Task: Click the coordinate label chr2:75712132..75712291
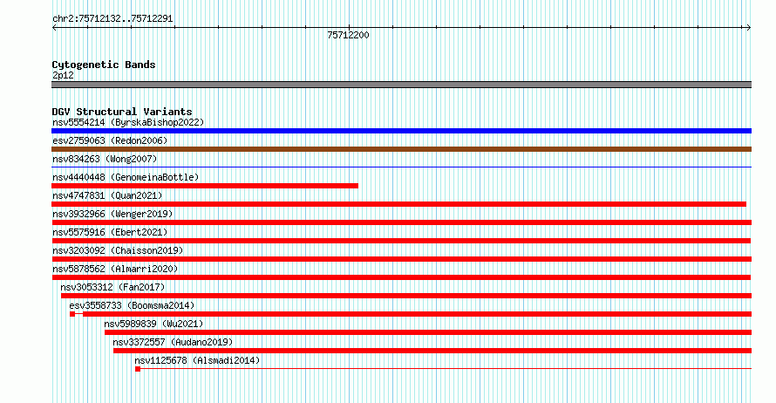coord(112,19)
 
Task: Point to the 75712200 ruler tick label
coord(348,35)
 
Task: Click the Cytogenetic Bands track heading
coord(104,65)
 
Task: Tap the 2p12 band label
coord(63,75)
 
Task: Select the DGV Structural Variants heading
coord(122,112)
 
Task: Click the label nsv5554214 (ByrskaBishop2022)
coord(128,122)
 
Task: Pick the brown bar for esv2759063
coord(401,149)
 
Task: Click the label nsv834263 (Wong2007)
coord(105,159)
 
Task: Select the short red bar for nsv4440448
coord(205,186)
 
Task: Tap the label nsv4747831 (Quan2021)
coord(107,195)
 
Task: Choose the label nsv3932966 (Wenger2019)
coord(112,214)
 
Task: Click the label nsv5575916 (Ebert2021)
coord(110,232)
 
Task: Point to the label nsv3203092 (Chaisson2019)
coord(118,250)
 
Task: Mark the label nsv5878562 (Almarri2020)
coord(115,269)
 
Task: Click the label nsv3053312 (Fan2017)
coord(112,287)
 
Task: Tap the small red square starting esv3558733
coord(72,314)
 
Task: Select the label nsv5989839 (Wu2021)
coord(153,324)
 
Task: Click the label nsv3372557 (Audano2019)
coord(173,342)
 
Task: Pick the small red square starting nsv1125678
coord(138,369)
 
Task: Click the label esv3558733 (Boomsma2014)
coord(133,305)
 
